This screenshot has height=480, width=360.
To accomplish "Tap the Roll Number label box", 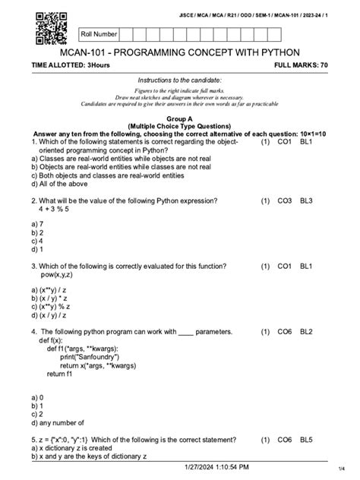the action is tap(99, 34).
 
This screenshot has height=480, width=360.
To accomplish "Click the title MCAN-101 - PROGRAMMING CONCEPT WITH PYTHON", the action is tap(180, 52).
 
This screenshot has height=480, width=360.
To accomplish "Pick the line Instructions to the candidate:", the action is tap(179, 81).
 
